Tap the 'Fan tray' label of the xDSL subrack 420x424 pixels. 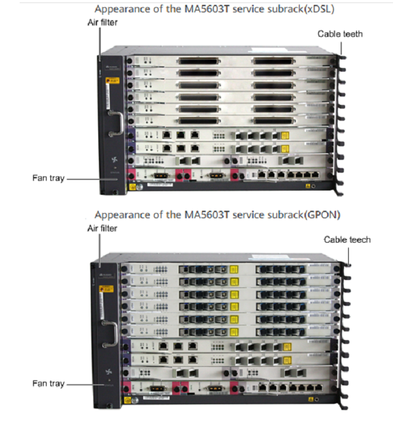click(48, 178)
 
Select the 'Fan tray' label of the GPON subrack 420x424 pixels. click(48, 384)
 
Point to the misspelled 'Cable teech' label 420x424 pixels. click(347, 240)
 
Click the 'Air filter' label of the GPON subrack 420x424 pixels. click(102, 228)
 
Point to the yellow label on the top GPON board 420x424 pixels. click(233, 268)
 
